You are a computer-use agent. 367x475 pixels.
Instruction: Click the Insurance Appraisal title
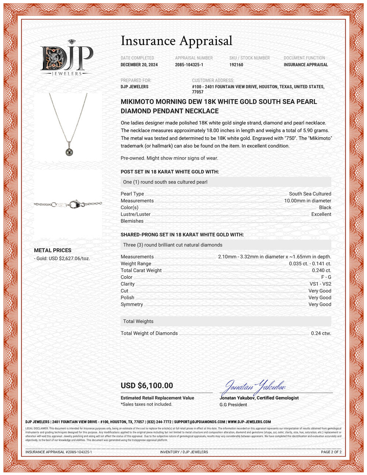[177, 41]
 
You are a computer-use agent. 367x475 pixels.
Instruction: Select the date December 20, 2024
[139, 65]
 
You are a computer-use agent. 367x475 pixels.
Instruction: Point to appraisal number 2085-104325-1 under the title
[189, 65]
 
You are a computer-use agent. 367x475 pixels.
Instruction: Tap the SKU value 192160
[236, 65]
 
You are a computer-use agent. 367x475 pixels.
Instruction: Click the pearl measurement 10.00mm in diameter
[308, 201]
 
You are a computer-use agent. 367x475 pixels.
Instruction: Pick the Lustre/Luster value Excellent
[321, 214]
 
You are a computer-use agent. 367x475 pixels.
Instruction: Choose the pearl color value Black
[325, 207]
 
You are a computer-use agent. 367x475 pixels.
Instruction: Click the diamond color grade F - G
[326, 277]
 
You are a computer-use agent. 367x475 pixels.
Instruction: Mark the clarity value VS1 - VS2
[320, 284]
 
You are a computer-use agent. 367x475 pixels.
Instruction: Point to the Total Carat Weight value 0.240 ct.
[321, 270]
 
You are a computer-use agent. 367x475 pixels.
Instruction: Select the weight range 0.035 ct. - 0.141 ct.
[310, 264]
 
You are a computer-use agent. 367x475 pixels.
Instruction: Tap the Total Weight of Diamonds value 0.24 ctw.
[321, 333]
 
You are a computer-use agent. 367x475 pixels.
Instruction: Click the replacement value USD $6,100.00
[147, 385]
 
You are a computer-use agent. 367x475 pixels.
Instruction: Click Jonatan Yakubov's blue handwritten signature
[253, 386]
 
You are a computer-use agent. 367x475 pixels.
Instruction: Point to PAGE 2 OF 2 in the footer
[331, 452]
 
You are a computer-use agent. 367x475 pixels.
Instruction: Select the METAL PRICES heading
[52, 250]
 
